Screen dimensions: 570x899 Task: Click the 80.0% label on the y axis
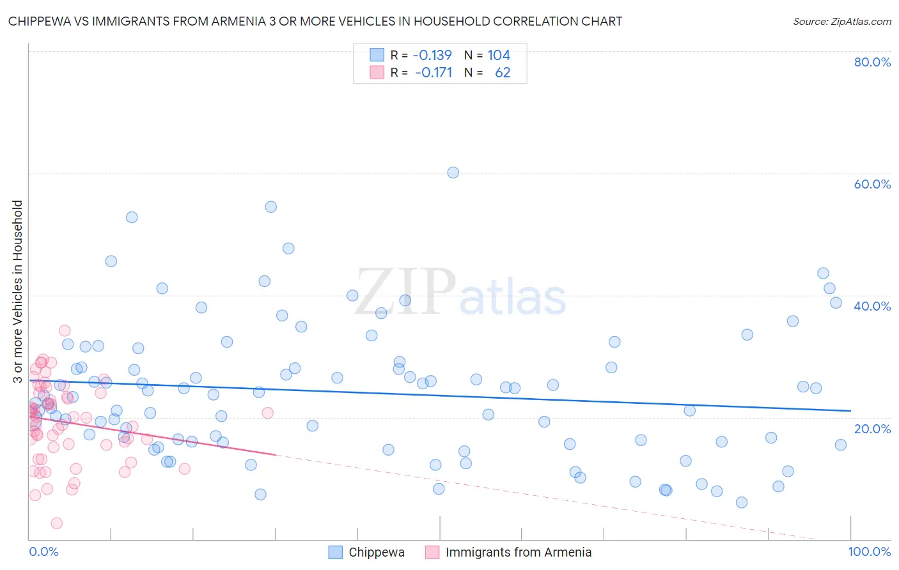pos(872,62)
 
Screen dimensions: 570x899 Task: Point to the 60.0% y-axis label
pos(872,184)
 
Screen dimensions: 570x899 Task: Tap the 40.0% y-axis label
pos(872,306)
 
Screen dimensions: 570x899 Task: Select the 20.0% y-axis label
pos(872,429)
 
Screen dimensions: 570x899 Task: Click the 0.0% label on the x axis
pos(43,551)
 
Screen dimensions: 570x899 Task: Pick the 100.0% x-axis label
pos(869,551)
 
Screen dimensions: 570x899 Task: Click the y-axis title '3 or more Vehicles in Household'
pos(17,291)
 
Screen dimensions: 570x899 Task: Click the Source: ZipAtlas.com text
pos(841,22)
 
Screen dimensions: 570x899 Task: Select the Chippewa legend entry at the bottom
pos(376,552)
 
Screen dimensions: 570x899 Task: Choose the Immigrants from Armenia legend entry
pos(518,552)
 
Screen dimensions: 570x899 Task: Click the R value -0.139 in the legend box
pos(432,55)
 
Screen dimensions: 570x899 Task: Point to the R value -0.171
pos(434,73)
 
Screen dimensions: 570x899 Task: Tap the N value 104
pos(499,55)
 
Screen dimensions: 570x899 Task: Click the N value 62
pos(503,73)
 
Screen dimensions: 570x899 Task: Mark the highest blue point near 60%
pos(453,173)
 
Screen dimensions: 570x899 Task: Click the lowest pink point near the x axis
pos(56,523)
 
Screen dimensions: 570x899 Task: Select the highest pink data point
pos(65,330)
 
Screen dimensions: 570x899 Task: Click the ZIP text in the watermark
pos(405,291)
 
